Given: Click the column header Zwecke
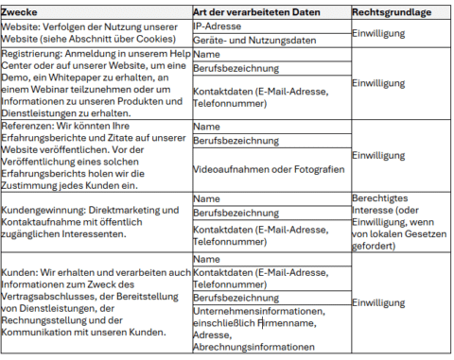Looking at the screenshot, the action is pos(22,12).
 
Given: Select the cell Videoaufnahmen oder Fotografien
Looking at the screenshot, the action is pos(268,168).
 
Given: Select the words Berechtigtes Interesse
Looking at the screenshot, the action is pos(382,204).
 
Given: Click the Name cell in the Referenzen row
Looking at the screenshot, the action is pos(207,126).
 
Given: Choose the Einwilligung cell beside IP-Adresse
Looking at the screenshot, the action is pos(379,33).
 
